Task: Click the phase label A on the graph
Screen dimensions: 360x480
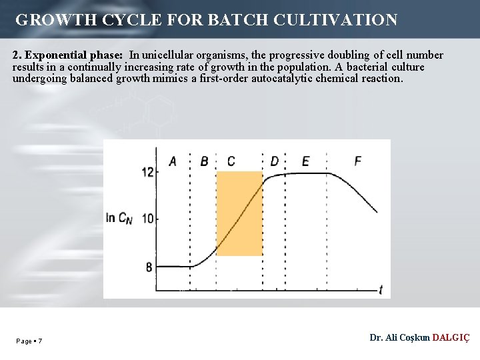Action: tap(173, 161)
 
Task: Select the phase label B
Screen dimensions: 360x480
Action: tap(204, 161)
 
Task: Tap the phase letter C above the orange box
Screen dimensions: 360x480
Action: tap(231, 161)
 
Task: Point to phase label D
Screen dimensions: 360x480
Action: tap(275, 161)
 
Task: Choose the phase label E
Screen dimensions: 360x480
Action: tap(305, 161)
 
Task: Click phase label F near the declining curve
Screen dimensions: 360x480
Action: tap(358, 161)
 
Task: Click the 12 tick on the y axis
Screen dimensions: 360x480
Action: tap(147, 172)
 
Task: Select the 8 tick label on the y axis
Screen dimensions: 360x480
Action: tap(149, 267)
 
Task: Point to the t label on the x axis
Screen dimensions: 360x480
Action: tap(380, 289)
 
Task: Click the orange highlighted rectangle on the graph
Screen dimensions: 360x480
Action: tap(239, 213)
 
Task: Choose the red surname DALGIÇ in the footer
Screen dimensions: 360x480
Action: tap(451, 338)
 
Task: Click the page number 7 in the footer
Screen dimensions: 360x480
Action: tap(40, 341)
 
